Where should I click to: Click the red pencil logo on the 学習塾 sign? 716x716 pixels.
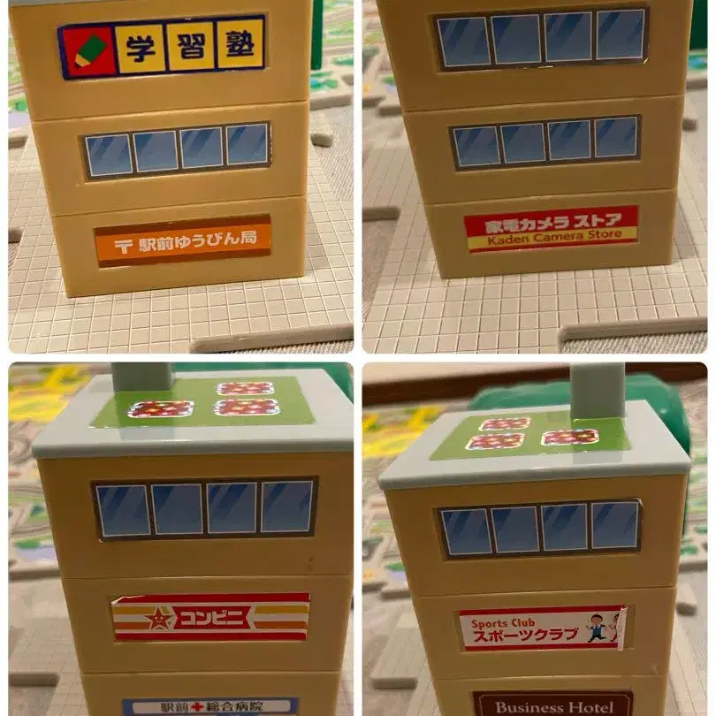click(87, 50)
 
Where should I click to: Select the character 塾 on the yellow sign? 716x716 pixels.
click(240, 43)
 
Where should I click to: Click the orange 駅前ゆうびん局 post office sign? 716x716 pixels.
click(183, 240)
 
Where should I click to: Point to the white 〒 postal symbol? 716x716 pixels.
click(123, 247)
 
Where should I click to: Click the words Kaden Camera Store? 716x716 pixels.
click(554, 238)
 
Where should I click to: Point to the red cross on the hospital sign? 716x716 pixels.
click(197, 707)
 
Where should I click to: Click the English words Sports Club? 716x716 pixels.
click(502, 623)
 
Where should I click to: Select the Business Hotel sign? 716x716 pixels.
click(553, 705)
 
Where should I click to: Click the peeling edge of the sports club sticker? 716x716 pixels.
click(621, 628)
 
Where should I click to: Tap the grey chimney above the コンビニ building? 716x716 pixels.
click(141, 378)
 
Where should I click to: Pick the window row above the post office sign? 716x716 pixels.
click(177, 149)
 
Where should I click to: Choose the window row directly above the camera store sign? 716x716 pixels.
click(546, 142)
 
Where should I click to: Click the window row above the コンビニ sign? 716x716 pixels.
click(204, 507)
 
